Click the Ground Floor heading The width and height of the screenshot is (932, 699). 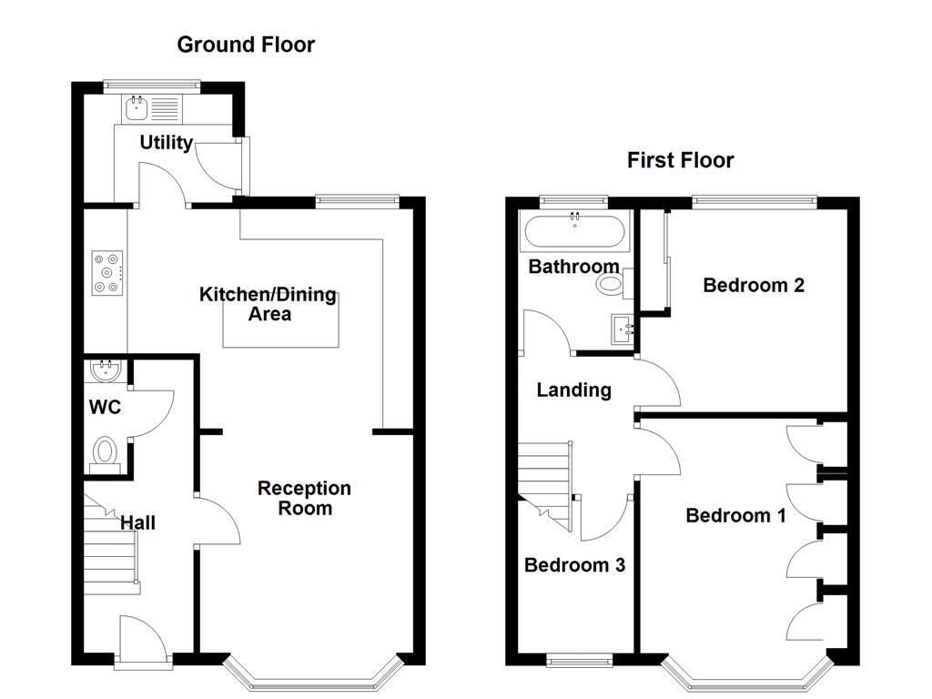pos(246,45)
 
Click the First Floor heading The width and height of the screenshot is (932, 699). pos(680,161)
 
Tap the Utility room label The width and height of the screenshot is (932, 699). pos(166,143)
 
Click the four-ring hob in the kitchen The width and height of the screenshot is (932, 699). pos(107,272)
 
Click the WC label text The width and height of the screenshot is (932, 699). pos(105,408)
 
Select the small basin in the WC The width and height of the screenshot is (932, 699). pos(107,370)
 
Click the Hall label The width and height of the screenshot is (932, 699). pos(137,523)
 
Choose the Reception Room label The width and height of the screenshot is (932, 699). pos(304,498)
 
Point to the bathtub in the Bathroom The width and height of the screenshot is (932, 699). pos(573,232)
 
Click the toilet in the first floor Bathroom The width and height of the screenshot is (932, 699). pos(613,285)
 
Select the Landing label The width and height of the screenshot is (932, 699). pos(573,390)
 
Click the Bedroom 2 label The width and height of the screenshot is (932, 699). pos(754,286)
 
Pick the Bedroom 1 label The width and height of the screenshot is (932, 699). pos(735,516)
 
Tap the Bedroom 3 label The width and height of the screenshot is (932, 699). pos(574,565)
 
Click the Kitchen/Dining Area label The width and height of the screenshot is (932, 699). pos(268,304)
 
